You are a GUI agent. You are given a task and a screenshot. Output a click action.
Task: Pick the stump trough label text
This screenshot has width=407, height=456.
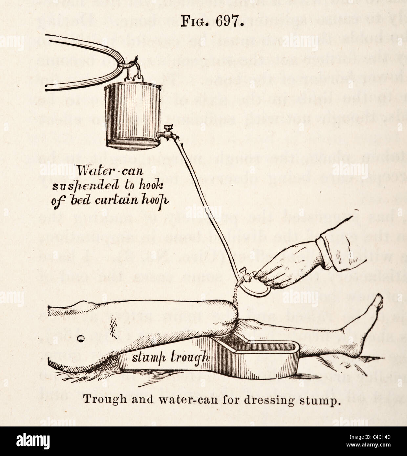click(170, 357)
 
